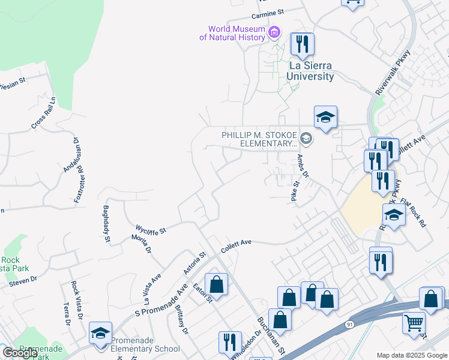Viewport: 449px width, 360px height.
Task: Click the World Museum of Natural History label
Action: tap(232, 33)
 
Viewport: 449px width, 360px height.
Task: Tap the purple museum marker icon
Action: tap(274, 31)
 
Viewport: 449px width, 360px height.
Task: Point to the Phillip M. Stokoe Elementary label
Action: tap(260, 140)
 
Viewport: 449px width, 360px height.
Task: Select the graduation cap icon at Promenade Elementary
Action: tap(100, 332)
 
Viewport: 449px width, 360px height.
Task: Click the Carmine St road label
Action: tap(267, 13)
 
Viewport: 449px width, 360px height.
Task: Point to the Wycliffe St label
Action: tap(151, 228)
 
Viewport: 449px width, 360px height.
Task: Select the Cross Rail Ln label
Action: tap(43, 113)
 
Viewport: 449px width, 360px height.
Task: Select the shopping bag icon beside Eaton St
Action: tap(216, 284)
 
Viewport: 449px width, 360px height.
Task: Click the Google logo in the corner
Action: tap(20, 353)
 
